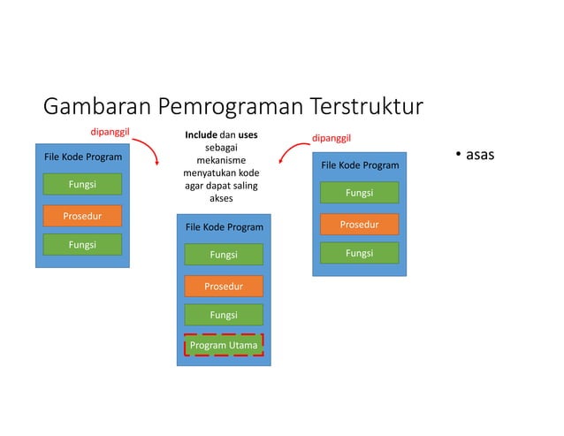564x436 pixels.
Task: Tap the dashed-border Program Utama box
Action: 224,345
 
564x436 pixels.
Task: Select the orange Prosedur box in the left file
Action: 82,216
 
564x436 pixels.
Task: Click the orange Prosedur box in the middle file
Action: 224,286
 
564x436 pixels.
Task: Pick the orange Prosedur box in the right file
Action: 359,225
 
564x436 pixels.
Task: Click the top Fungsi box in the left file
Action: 82,185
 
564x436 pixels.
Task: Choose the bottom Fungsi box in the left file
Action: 82,245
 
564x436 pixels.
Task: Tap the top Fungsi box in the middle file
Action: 224,255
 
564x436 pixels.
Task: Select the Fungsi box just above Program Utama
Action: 224,315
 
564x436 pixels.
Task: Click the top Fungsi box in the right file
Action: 359,193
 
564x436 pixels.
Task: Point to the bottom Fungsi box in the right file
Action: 359,254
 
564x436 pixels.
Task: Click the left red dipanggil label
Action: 112,133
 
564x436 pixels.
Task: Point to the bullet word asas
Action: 480,156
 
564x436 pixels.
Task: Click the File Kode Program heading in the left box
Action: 83,157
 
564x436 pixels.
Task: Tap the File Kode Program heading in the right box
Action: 360,165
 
